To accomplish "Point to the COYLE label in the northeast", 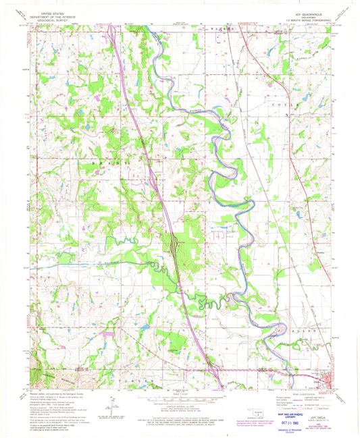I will tap(280, 106).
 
